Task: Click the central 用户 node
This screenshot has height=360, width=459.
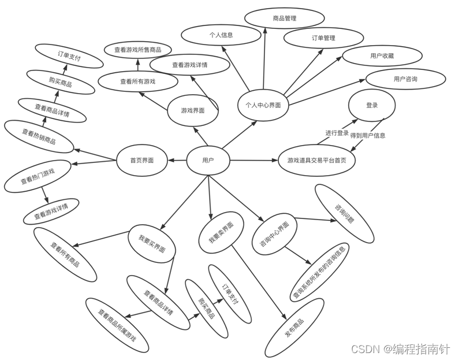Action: pyautogui.click(x=208, y=160)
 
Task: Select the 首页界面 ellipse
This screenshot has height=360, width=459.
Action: pyautogui.click(x=142, y=160)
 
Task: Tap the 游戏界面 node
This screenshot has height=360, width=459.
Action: pyautogui.click(x=193, y=110)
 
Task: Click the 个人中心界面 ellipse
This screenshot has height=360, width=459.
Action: pyautogui.click(x=263, y=105)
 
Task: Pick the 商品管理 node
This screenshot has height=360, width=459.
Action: pyautogui.click(x=285, y=18)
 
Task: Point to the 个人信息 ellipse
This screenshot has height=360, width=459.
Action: pyautogui.click(x=221, y=35)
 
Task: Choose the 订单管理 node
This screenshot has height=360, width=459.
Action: pyautogui.click(x=323, y=38)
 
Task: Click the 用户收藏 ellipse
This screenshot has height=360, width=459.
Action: pyautogui.click(x=382, y=56)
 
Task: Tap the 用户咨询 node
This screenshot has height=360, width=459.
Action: pyautogui.click(x=405, y=79)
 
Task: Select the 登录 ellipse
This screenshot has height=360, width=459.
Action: pyautogui.click(x=372, y=106)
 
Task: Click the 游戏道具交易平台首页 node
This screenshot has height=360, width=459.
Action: pyautogui.click(x=317, y=160)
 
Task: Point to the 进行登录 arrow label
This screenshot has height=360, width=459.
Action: pyautogui.click(x=337, y=133)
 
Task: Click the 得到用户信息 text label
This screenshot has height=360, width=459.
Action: pyautogui.click(x=368, y=136)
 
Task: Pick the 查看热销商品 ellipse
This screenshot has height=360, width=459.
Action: pyautogui.click(x=39, y=136)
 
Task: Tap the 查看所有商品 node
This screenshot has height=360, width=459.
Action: pyautogui.click(x=65, y=255)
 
